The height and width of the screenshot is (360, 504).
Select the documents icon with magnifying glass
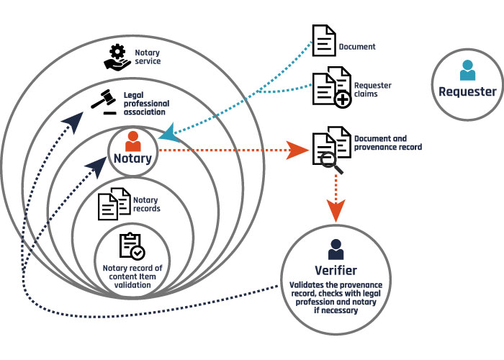pos(331,148)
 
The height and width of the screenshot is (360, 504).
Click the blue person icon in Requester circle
pos(468,71)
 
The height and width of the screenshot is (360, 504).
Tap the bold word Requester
pos(468,91)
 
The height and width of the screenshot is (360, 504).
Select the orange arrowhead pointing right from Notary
pos(296,150)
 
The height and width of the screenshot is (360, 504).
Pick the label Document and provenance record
pos(388,143)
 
